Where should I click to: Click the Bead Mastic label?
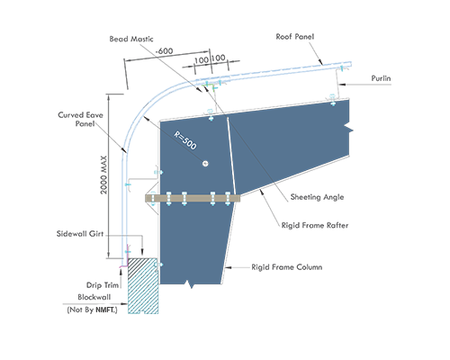(x=131, y=39)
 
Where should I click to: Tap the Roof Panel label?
(x=295, y=37)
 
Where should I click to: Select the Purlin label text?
(x=381, y=78)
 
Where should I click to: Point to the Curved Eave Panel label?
(x=80, y=119)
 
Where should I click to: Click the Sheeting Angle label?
(x=317, y=197)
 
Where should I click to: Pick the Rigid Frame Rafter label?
(x=315, y=225)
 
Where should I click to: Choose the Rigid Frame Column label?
(x=287, y=267)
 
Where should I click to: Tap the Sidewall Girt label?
(x=80, y=234)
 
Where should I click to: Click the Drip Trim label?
(x=103, y=285)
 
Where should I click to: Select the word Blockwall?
(x=94, y=297)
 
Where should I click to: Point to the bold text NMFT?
(x=106, y=310)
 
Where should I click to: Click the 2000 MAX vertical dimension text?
(x=103, y=175)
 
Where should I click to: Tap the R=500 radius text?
(x=185, y=140)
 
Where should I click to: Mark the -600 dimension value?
(x=164, y=51)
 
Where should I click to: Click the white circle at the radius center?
(x=205, y=164)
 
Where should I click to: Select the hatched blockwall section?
(x=143, y=285)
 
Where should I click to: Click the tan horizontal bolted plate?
(x=193, y=198)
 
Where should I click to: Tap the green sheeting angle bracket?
(x=210, y=86)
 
